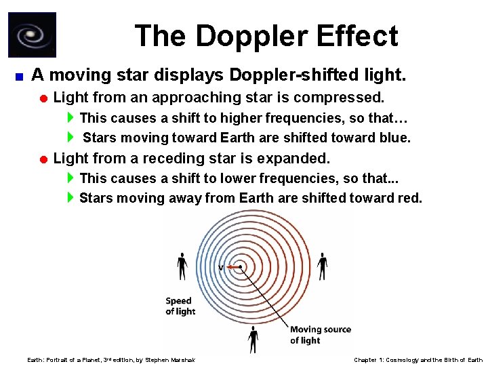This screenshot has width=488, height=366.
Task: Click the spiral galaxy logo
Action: coord(32,35)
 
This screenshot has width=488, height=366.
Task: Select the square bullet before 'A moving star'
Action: coord(20,75)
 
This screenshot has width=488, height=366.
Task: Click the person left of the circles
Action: coord(182,266)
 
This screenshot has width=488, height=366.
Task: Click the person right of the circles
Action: coord(323,266)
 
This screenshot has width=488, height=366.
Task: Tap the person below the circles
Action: coord(253,338)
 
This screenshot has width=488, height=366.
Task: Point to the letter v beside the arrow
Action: coord(221,268)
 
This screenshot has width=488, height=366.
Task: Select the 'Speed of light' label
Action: coord(180,306)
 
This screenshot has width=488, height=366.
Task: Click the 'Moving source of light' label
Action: coord(321,335)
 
